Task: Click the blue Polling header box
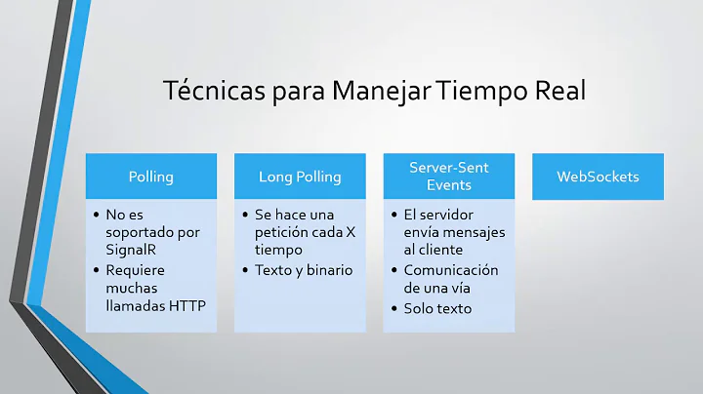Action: pyautogui.click(x=152, y=177)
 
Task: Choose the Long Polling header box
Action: pyautogui.click(x=300, y=177)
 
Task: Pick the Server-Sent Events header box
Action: pyautogui.click(x=448, y=177)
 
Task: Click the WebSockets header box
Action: pyautogui.click(x=598, y=177)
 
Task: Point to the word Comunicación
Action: pyautogui.click(x=451, y=270)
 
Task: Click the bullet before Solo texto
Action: pyautogui.click(x=393, y=308)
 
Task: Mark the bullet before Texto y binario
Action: pyautogui.click(x=245, y=270)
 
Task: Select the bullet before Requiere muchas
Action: pyautogui.click(x=97, y=270)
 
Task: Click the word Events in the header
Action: pyautogui.click(x=448, y=185)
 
